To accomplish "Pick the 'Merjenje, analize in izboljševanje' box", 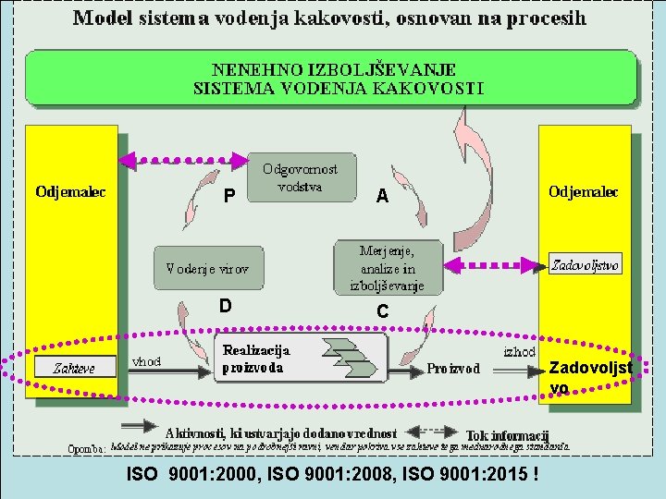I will (388, 268).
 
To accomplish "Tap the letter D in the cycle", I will (225, 306).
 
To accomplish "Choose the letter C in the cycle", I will (381, 312).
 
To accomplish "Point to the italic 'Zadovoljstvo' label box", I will (585, 265).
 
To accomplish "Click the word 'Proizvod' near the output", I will (453, 368).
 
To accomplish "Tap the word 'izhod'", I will (519, 352).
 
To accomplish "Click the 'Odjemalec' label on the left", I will (70, 192).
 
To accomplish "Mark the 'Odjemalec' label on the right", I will (584, 192).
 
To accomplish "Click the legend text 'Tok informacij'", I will (508, 434).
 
